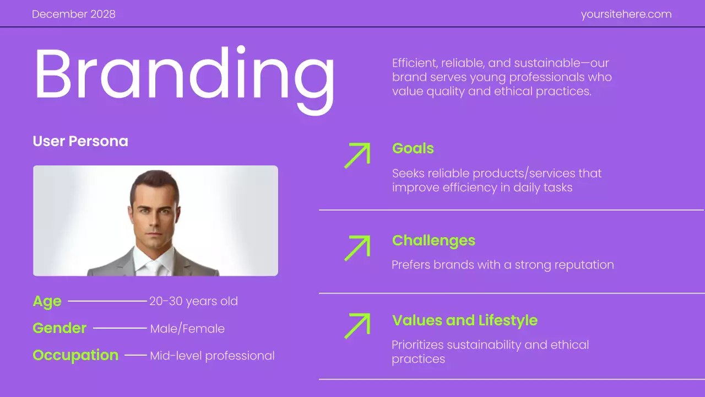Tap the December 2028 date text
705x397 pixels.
click(74, 14)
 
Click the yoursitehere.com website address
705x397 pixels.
click(626, 14)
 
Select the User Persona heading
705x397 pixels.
click(80, 141)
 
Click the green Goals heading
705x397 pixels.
click(413, 148)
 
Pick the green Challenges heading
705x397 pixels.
click(433, 240)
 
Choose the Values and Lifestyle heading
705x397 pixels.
click(464, 320)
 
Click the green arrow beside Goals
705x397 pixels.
click(357, 155)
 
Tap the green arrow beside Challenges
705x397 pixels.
click(357, 248)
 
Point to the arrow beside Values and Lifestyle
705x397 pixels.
click(357, 325)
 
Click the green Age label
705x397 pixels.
click(47, 302)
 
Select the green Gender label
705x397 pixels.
click(59, 328)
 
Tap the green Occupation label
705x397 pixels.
click(75, 355)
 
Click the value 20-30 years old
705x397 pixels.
click(193, 302)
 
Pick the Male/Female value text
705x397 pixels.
click(187, 329)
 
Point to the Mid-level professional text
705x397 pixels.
click(212, 356)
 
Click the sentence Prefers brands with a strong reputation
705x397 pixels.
click(502, 265)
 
